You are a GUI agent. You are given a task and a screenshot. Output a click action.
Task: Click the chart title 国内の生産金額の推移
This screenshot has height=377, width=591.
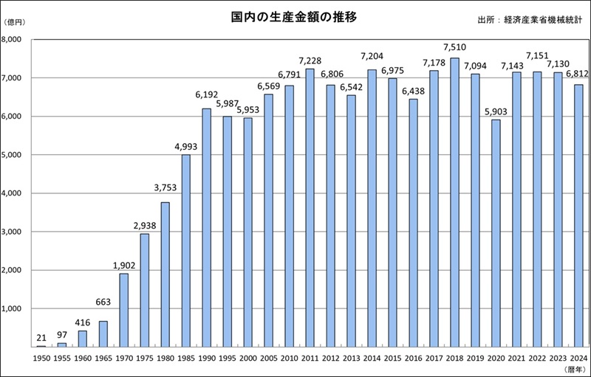coord(295,16)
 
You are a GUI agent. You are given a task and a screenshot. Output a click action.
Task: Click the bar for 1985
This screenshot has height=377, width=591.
coord(186,250)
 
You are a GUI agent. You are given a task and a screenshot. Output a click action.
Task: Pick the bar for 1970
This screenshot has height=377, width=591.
coord(124,310)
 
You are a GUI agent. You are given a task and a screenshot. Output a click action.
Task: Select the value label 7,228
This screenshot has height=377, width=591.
coord(310,60)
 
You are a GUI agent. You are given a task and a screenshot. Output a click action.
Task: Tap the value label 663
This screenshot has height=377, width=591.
coord(103,302)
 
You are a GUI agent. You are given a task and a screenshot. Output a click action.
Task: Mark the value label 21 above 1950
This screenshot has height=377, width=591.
coord(41,337)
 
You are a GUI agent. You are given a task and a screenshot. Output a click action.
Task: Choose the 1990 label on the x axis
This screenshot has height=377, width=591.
coord(207,356)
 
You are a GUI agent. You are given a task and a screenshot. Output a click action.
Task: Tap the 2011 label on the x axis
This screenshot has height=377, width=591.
coord(310,356)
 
